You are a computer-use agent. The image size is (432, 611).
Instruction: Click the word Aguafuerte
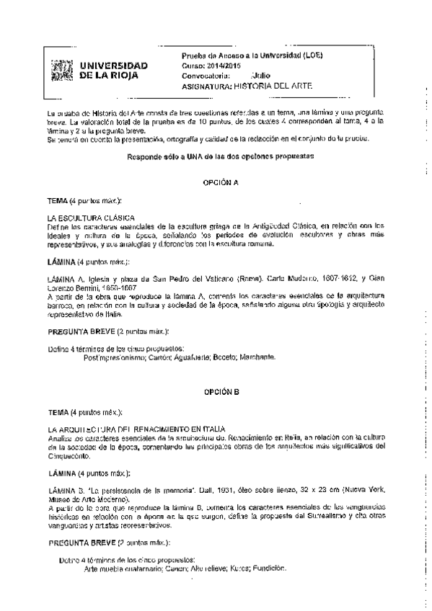198,357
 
